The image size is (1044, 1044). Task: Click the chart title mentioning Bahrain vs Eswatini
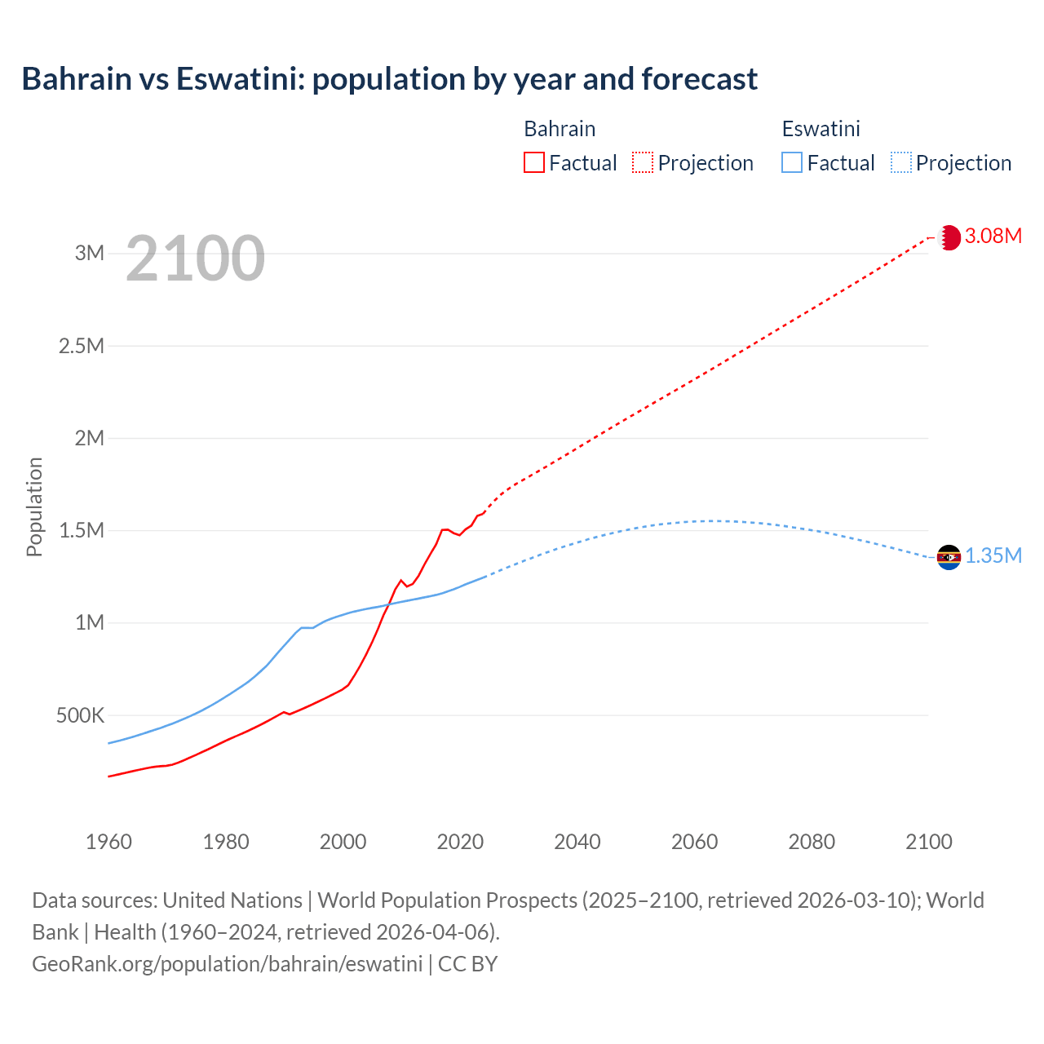pos(389,79)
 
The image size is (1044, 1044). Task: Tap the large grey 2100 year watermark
pos(195,259)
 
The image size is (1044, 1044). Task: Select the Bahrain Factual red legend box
pos(534,163)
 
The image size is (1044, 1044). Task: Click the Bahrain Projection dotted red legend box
pos(643,163)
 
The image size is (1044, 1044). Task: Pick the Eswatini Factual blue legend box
pos(792,163)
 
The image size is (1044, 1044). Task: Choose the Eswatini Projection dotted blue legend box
pos(901,163)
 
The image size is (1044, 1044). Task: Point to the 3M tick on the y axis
pos(90,253)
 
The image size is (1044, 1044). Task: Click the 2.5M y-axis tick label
pos(82,346)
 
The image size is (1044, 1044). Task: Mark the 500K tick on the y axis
pos(81,716)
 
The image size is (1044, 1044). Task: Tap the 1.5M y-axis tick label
pos(82,531)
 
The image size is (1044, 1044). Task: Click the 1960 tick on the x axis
pos(108,842)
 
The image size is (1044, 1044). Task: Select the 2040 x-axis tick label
pos(577,842)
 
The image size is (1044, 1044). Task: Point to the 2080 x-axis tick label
pos(812,842)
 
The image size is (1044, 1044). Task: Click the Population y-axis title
pos(34,507)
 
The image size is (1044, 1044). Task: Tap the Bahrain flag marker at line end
pos(949,237)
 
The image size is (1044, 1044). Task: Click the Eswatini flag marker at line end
pos(949,557)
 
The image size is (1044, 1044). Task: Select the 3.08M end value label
pos(993,237)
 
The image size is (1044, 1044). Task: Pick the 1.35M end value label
pos(993,556)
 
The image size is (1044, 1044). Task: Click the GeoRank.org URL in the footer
pos(227,964)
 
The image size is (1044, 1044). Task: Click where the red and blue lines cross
pos(387,604)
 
